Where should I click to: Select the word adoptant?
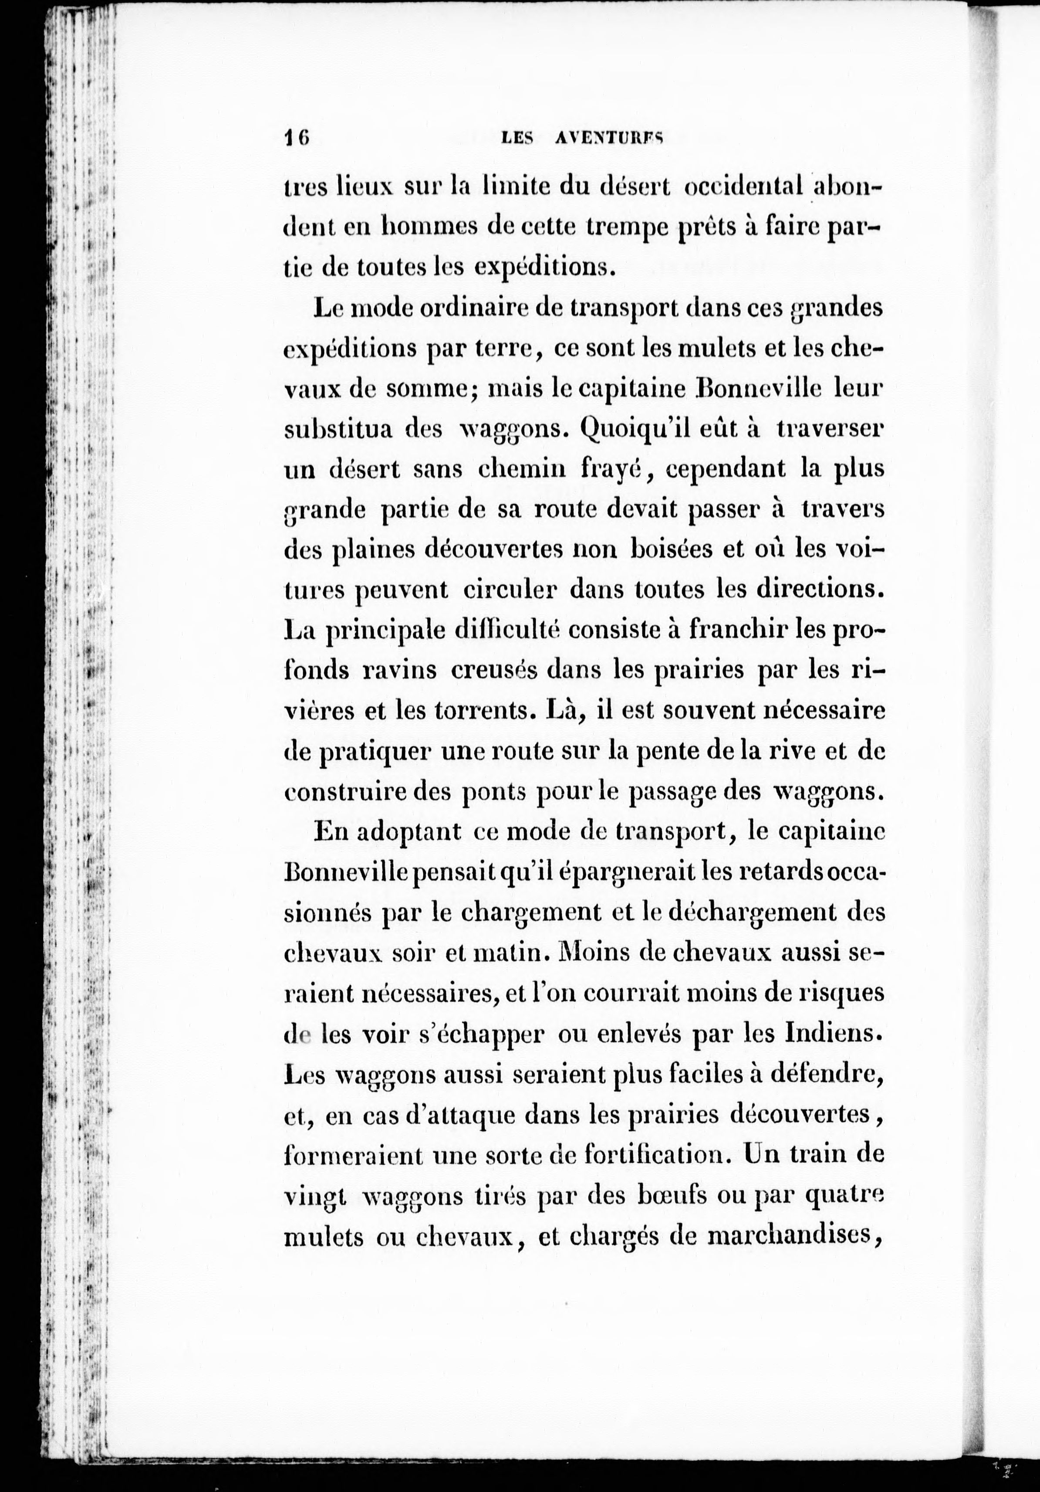[406, 833]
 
